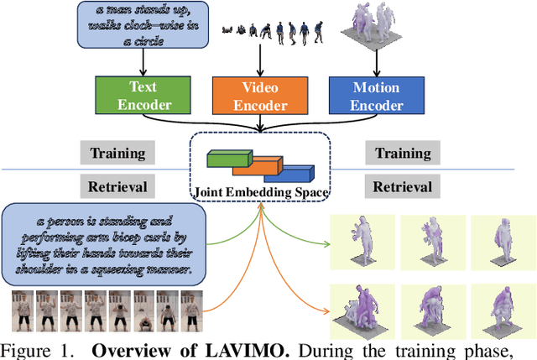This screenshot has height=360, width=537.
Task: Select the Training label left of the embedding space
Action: [x=117, y=154]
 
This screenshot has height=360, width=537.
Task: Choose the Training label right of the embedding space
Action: [x=402, y=154]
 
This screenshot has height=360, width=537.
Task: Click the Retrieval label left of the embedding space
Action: [x=117, y=186]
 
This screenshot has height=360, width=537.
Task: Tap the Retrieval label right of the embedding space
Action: [x=402, y=186]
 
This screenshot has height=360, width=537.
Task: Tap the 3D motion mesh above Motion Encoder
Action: [x=375, y=25]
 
